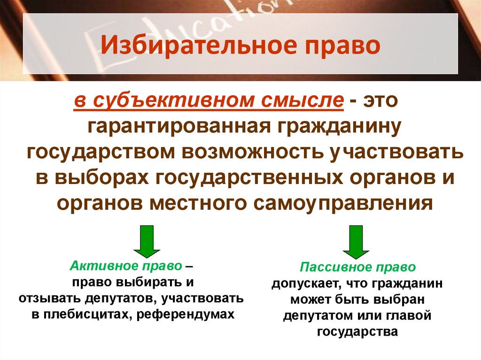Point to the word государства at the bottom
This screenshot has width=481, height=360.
point(357,332)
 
